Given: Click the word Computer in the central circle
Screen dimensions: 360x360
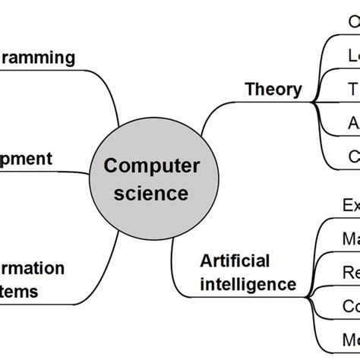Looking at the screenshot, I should coord(152,165).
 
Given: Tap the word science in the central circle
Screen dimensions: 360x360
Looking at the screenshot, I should coord(152,193).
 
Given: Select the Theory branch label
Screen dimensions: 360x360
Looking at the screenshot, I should coord(273,89).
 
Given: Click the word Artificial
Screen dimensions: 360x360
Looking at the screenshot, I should coord(235,261).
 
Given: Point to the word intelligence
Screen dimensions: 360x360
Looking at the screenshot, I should coord(248,285).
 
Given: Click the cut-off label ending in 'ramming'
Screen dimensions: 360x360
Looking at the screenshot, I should coord(38,57).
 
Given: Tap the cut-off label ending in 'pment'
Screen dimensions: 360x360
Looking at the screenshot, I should coord(27,159).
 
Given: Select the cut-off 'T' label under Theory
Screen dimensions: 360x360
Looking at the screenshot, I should coord(352,89).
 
